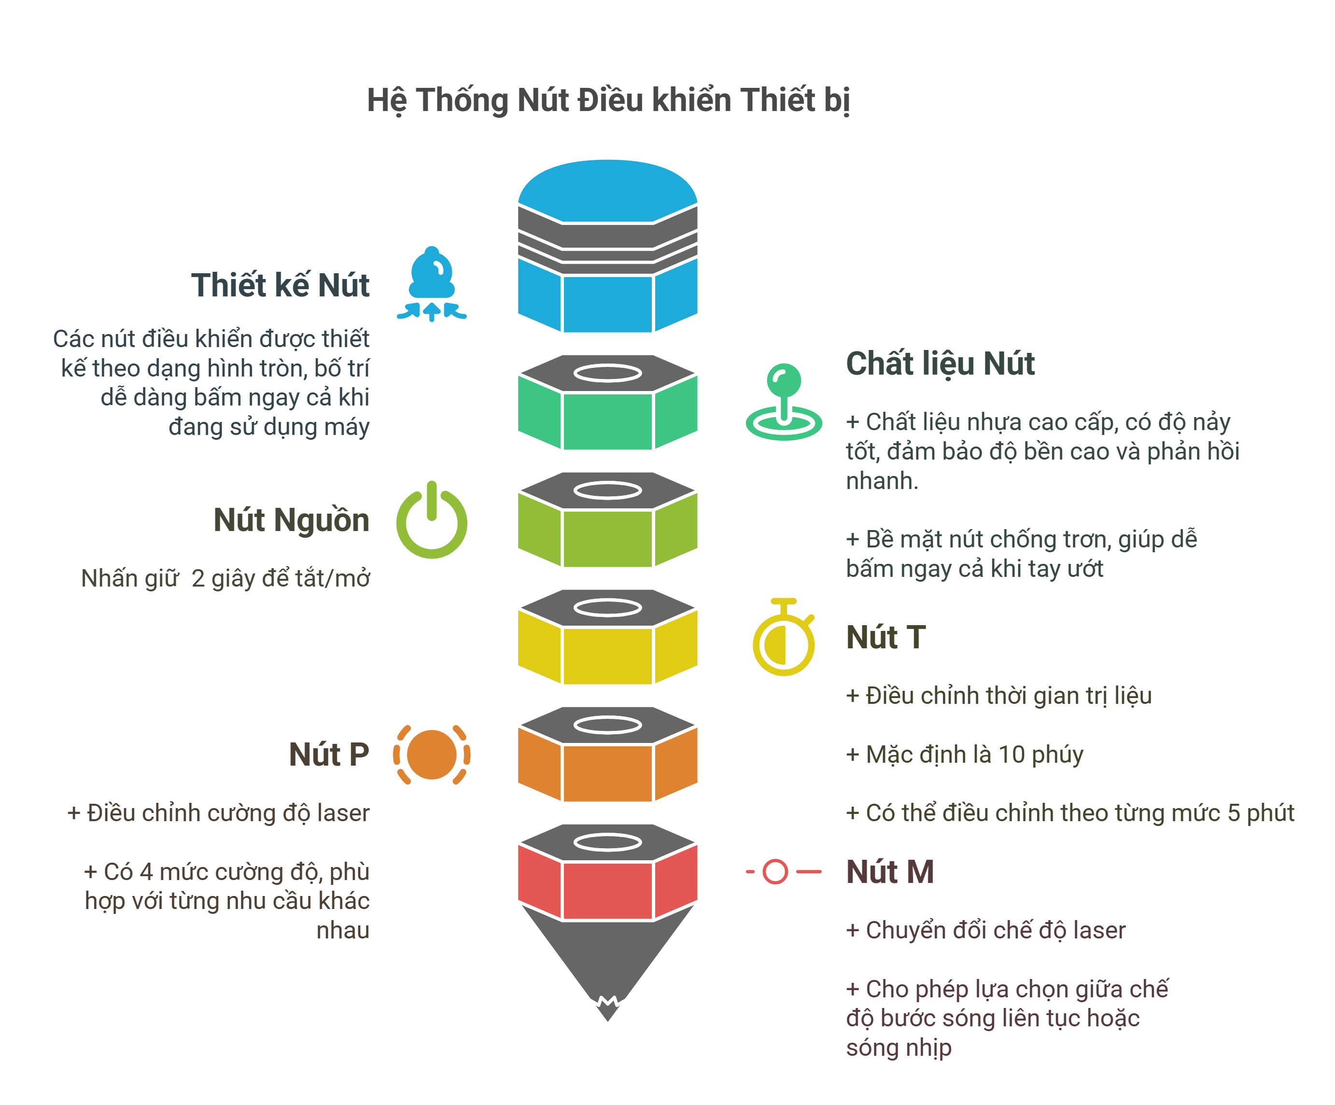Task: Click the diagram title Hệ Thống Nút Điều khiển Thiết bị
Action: point(608,100)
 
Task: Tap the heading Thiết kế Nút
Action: point(281,284)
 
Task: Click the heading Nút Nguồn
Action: point(291,519)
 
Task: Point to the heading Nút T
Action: point(885,637)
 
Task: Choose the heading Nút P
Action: point(329,754)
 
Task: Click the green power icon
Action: point(432,521)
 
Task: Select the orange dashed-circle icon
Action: point(432,755)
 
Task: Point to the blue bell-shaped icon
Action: point(432,283)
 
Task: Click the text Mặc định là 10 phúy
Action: point(964,754)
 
